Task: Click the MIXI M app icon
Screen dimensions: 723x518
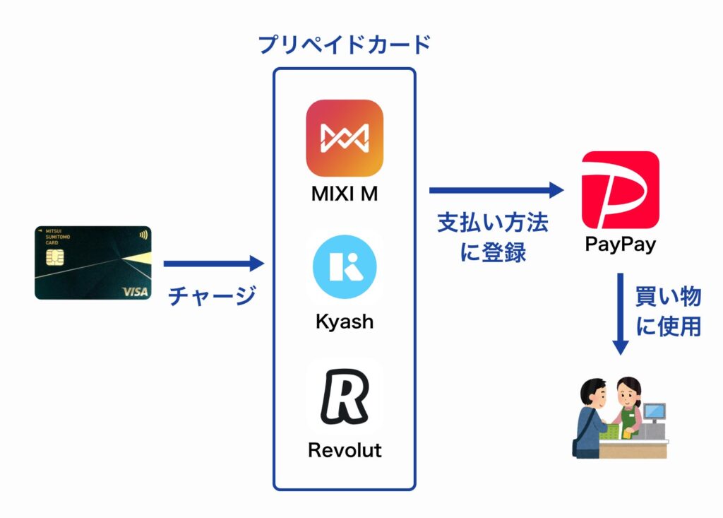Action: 345,138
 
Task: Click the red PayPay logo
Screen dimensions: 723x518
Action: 620,189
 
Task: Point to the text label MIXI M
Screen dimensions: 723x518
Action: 345,194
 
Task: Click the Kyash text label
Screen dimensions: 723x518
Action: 345,322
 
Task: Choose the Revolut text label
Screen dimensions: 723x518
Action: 345,449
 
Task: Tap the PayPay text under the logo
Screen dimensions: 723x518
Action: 620,245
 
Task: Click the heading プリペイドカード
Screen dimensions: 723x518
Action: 345,45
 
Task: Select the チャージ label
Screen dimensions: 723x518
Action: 212,295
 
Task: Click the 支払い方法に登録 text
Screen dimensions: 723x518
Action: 493,237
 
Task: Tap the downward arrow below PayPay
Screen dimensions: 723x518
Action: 620,314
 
